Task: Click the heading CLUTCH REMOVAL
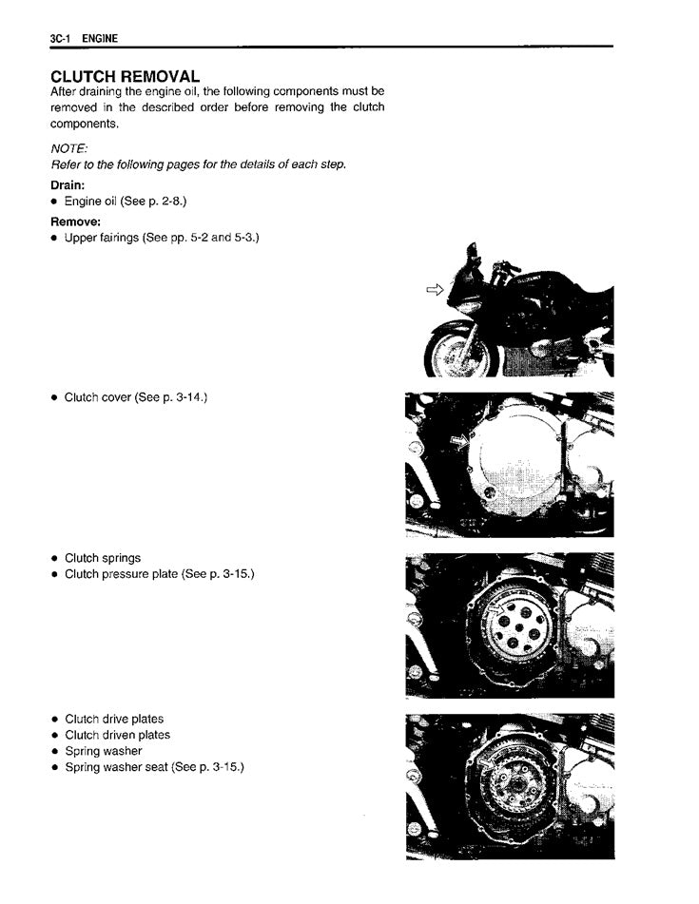[x=125, y=76]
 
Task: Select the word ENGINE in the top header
[x=100, y=38]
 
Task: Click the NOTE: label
[x=68, y=148]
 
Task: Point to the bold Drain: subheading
[x=68, y=185]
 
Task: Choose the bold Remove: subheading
[x=75, y=221]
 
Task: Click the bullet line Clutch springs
[x=102, y=558]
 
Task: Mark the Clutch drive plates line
[x=113, y=719]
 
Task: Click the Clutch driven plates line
[x=117, y=735]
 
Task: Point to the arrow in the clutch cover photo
[x=460, y=440]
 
